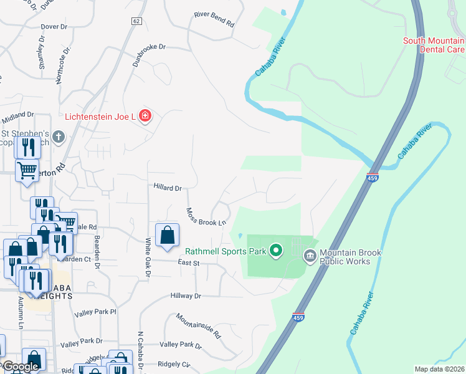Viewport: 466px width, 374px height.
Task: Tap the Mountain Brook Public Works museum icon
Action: click(x=310, y=256)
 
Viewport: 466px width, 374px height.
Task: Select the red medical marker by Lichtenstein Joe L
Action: click(x=145, y=116)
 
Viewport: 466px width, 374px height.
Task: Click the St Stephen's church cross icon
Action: click(x=59, y=137)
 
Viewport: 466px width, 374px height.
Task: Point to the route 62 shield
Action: click(x=136, y=21)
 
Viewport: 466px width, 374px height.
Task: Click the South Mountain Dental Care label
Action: click(x=434, y=45)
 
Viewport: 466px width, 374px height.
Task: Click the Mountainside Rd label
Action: click(x=198, y=325)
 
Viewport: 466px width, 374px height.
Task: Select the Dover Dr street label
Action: click(x=54, y=27)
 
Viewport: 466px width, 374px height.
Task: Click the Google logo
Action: click(x=21, y=367)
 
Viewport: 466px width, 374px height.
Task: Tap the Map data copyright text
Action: click(x=439, y=369)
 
